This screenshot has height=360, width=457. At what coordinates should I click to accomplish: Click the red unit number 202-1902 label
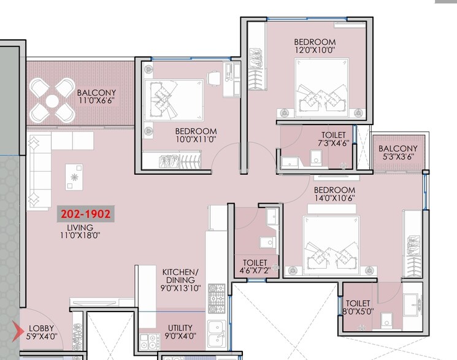pos(85,214)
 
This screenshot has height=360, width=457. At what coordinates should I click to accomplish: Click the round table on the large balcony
pos(53,100)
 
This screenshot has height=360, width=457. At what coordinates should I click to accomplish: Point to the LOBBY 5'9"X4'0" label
pos(42,332)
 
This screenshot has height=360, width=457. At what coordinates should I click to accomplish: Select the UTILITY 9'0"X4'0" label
pos(180,332)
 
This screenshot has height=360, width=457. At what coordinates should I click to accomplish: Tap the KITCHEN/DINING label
pos(180,280)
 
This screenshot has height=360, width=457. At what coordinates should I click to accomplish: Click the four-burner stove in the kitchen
pos(217,293)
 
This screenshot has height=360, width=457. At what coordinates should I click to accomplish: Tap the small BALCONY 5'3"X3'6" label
pos(397,153)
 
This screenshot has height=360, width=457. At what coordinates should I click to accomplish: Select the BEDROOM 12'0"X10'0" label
pos(315,47)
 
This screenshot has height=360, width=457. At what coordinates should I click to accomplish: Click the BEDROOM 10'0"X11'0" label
pos(196,136)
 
